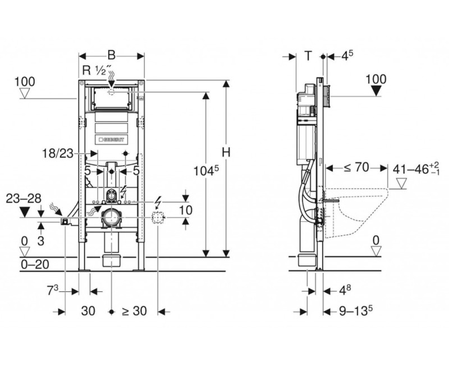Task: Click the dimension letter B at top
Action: [111, 56]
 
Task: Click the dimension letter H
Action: [225, 152]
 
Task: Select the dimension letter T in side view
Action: [308, 55]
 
